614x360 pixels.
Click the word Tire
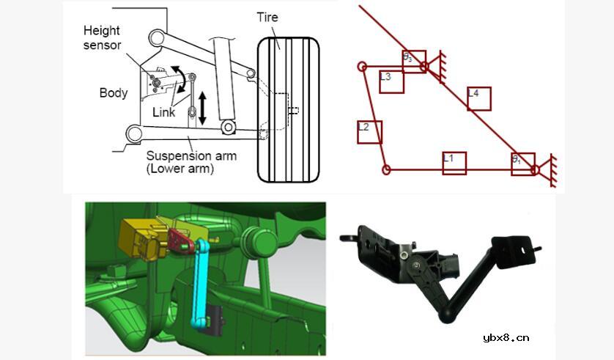(267, 18)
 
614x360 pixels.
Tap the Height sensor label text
(102, 37)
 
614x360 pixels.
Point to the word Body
(114, 93)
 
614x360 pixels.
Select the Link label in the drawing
(163, 112)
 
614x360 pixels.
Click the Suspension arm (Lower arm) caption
(191, 162)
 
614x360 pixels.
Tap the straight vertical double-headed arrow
(202, 109)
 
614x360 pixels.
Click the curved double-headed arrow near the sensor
(180, 79)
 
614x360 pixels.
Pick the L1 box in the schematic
(454, 163)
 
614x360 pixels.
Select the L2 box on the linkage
(370, 132)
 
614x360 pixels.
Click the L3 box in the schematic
(391, 81)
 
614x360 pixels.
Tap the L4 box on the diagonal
(479, 99)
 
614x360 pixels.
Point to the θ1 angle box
(523, 164)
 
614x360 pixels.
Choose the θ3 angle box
(414, 62)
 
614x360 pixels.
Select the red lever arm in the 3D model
(180, 241)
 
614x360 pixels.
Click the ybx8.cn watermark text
(506, 338)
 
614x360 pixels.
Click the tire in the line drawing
(289, 110)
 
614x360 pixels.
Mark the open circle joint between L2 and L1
(386, 170)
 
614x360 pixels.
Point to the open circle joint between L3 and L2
(362, 67)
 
